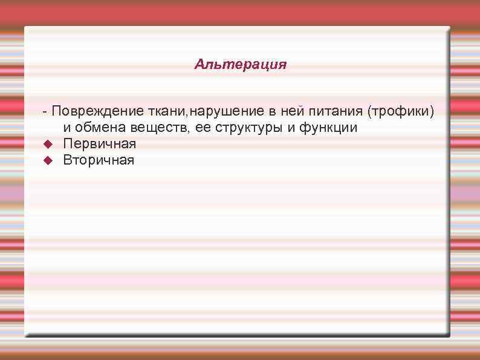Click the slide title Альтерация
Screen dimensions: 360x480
click(x=240, y=64)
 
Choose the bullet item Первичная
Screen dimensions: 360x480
click(x=100, y=144)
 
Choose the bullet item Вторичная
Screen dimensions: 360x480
click(x=99, y=160)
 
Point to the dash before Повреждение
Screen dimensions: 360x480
click(x=45, y=112)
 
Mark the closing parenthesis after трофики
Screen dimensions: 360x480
click(x=432, y=111)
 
